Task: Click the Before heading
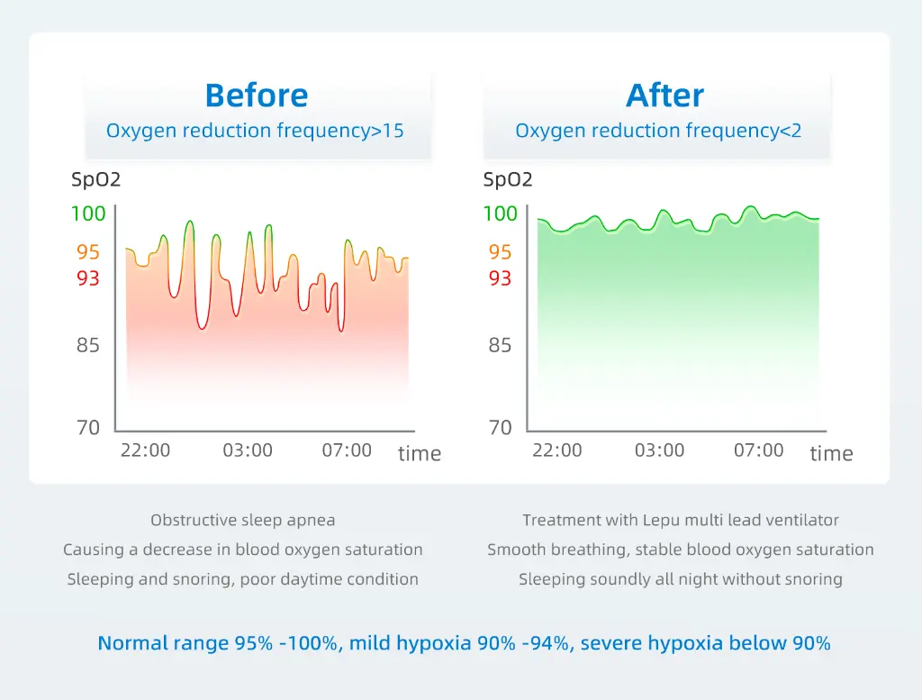click(x=257, y=95)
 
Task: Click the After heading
click(x=665, y=95)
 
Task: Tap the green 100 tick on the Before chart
click(x=88, y=214)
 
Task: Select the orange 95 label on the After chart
click(x=500, y=252)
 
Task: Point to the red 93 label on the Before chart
click(x=88, y=278)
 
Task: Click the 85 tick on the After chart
click(x=500, y=346)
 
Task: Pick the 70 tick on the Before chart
click(x=88, y=428)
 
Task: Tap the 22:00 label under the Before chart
click(x=145, y=450)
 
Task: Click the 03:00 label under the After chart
click(x=659, y=450)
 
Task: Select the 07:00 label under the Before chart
click(x=347, y=450)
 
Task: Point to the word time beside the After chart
click(x=831, y=454)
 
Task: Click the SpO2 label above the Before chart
click(x=96, y=180)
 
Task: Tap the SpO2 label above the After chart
click(x=508, y=180)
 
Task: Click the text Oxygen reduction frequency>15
click(x=255, y=131)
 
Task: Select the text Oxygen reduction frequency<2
click(x=658, y=131)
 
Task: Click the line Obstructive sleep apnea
click(x=242, y=520)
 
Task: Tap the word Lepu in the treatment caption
click(x=663, y=520)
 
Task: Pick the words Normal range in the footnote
click(x=152, y=643)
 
